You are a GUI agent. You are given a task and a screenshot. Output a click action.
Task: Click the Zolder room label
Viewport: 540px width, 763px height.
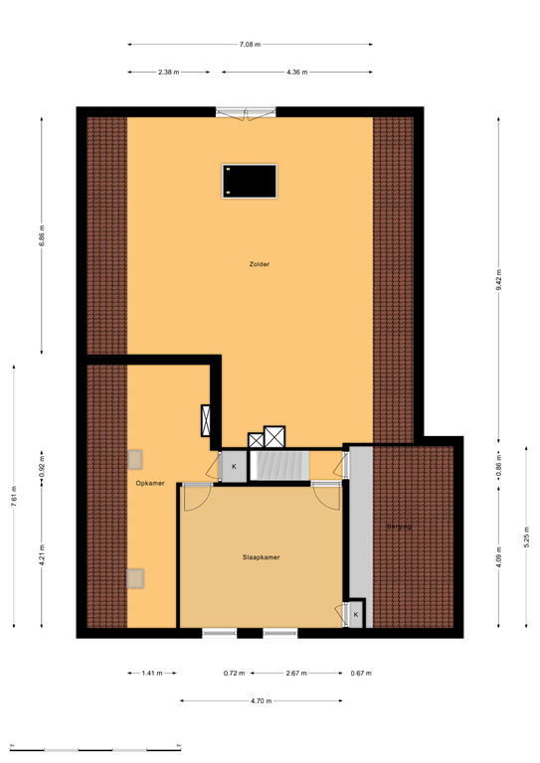260,264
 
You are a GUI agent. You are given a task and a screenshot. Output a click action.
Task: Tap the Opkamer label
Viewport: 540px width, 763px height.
150,483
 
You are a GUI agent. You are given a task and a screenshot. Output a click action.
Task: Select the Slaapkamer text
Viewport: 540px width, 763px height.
261,557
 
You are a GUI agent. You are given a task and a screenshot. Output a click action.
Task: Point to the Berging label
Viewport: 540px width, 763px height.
400,526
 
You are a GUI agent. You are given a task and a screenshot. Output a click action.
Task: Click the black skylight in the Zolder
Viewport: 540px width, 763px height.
249,181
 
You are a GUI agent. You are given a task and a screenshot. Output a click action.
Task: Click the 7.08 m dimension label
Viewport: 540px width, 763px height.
250,45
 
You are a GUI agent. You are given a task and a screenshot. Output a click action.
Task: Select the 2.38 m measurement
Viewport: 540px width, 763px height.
168,73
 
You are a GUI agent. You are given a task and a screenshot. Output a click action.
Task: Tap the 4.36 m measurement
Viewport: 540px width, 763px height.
296,73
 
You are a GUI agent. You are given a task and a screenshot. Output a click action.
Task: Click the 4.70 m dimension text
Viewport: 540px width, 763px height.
261,701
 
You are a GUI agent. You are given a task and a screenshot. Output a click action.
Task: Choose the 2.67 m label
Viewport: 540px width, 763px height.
296,674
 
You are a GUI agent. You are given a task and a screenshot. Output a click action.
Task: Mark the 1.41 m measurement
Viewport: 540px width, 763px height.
151,674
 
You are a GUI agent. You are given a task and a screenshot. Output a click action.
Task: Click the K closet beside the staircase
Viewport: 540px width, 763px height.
235,466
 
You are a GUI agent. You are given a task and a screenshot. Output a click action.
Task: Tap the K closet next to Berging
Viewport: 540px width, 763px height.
356,615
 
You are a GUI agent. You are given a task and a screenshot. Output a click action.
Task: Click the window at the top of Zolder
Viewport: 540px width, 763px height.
245,111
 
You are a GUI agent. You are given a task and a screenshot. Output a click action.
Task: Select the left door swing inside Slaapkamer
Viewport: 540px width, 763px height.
195,494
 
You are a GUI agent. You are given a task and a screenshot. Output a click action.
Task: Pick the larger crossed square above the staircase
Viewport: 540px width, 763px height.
274,436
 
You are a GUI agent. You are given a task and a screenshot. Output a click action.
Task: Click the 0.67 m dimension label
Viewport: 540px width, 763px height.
361,674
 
